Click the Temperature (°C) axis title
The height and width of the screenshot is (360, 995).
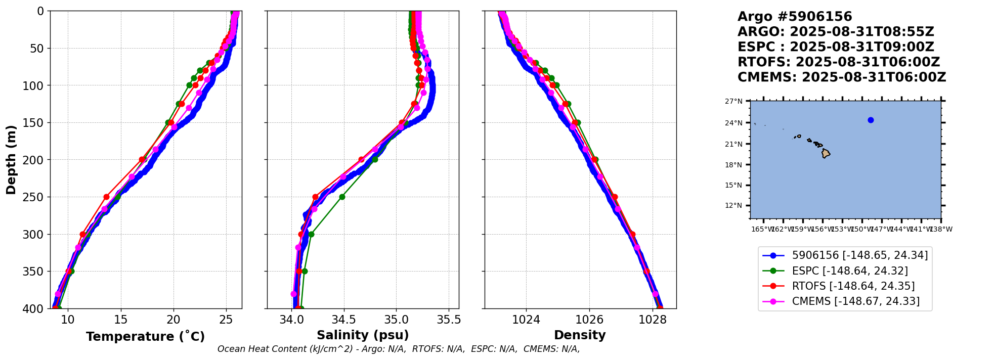pos(145,337)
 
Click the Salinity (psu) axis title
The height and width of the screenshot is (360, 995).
pos(363,335)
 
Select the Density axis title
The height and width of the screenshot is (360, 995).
pos(580,335)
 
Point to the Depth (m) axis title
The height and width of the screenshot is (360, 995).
pos(11,159)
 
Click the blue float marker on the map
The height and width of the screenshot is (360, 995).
pos(871,120)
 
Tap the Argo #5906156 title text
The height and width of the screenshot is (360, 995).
pos(795,17)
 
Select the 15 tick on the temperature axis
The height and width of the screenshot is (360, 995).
pos(120,320)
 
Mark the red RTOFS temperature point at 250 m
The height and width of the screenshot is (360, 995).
pos(106,197)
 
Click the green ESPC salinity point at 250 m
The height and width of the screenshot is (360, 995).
pos(342,197)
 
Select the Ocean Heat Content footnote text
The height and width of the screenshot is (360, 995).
pos(399,349)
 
